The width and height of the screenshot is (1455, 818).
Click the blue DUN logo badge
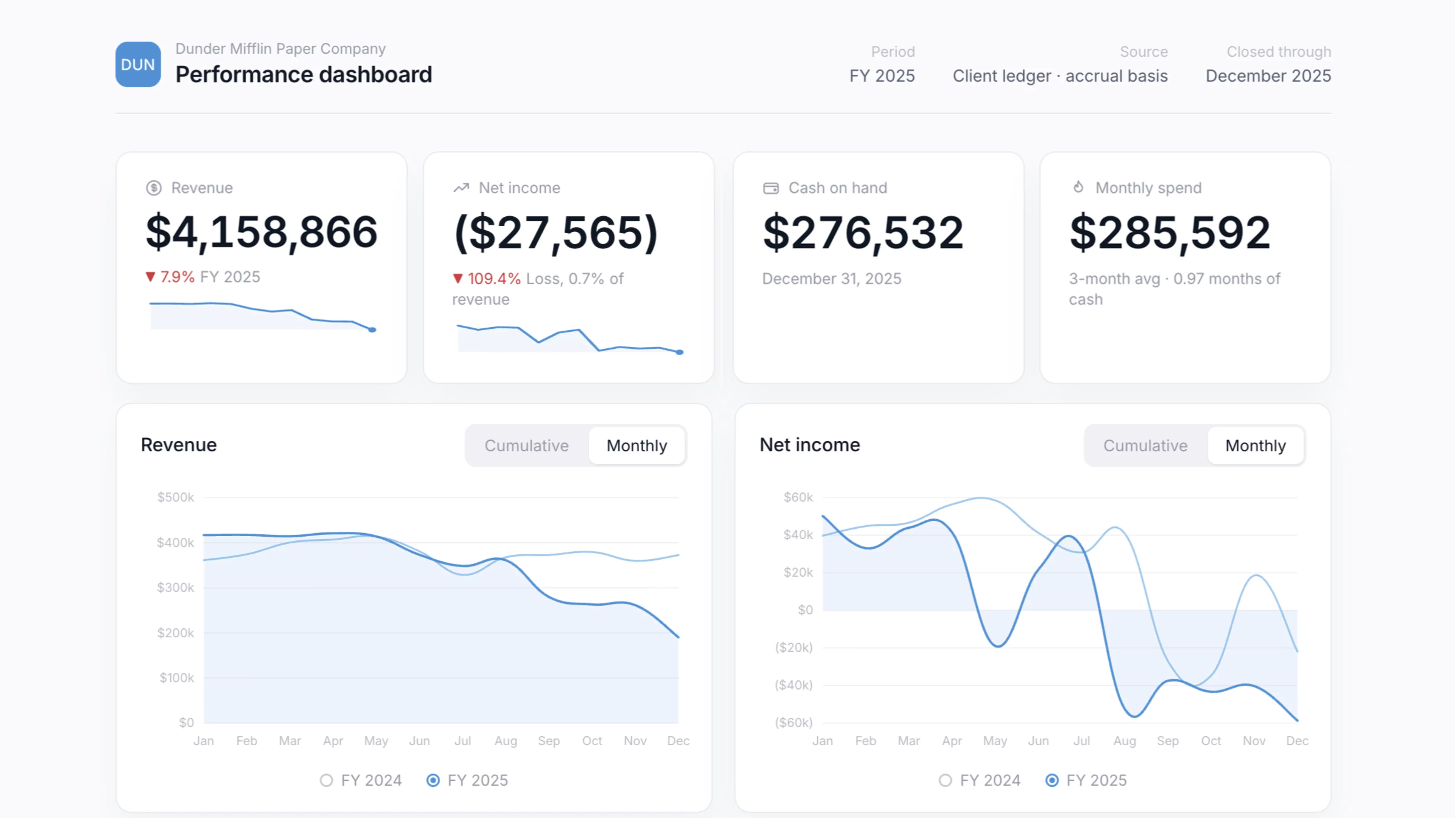tap(138, 64)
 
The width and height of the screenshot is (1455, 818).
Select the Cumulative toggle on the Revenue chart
tap(526, 445)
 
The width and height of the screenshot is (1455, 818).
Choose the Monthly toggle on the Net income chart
tap(1255, 445)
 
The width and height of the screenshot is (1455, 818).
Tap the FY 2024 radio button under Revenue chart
tap(326, 780)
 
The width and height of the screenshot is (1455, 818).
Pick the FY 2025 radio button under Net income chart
tap(1052, 780)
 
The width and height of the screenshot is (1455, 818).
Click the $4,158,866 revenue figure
tap(261, 232)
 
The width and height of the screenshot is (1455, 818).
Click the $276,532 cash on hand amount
tap(863, 233)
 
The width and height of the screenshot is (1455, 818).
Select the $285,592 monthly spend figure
tap(1170, 233)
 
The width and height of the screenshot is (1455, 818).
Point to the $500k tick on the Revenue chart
tap(176, 497)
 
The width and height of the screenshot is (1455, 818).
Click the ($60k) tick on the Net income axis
tap(793, 723)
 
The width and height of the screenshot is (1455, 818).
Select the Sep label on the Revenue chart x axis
tap(548, 741)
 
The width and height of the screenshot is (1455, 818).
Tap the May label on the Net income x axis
tap(995, 741)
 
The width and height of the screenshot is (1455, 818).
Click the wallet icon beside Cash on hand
tap(770, 188)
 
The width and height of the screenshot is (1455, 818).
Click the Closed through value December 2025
tap(1268, 76)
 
